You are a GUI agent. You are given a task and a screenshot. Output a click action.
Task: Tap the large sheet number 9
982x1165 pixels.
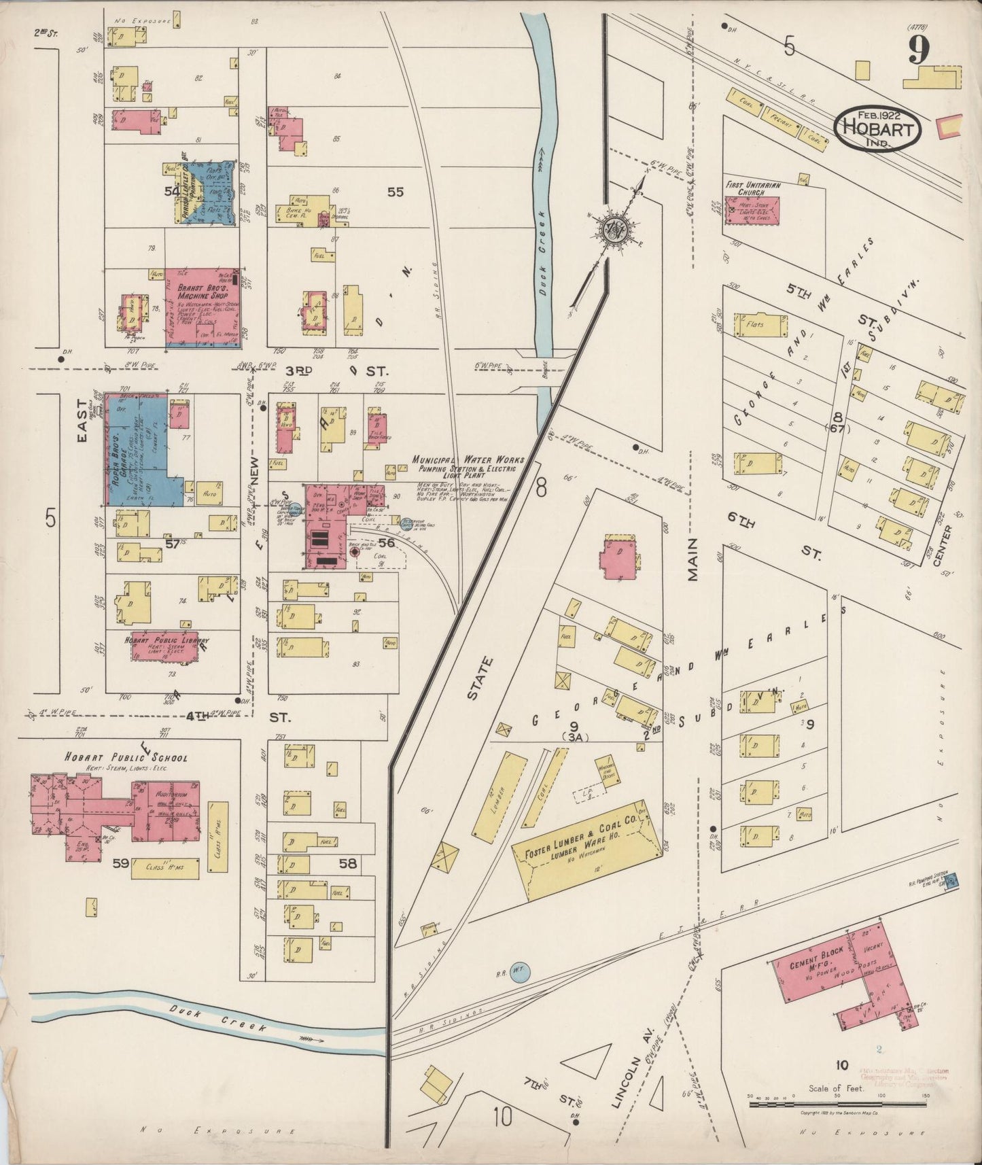[921, 49]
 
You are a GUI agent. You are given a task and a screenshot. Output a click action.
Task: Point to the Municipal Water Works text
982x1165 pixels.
[468, 460]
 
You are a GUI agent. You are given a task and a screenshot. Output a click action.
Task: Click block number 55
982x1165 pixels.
[395, 192]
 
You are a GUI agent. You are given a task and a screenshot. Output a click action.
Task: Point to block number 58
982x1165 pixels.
[348, 863]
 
